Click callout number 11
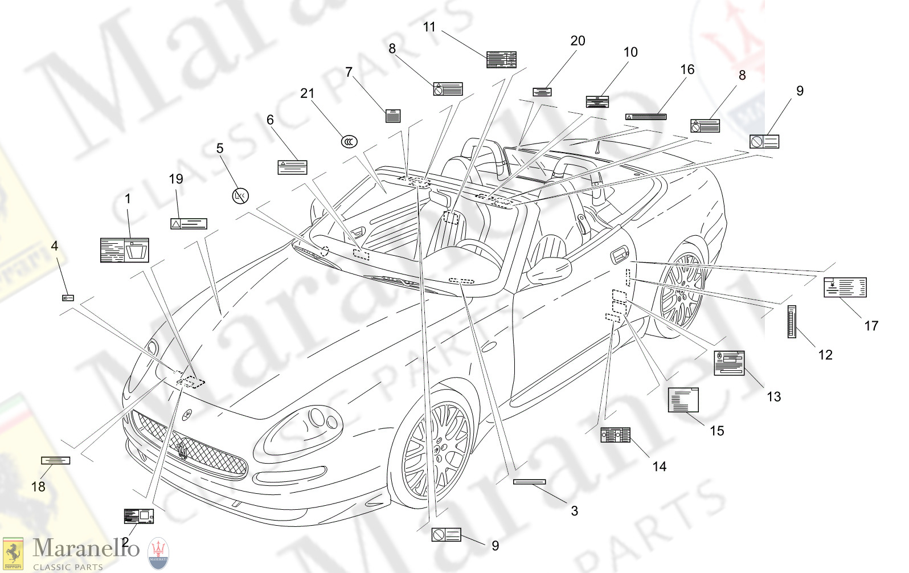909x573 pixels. (429, 27)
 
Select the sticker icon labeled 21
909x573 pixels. (349, 141)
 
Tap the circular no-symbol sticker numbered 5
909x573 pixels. (241, 197)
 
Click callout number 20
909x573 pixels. (578, 41)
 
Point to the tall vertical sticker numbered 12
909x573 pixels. (792, 322)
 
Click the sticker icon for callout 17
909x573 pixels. (845, 288)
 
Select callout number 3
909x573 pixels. (575, 511)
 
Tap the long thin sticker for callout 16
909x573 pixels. (646, 117)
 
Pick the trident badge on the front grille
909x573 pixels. (182, 449)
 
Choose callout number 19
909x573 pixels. (176, 179)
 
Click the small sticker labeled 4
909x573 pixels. (68, 298)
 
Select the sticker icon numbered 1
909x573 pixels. (125, 250)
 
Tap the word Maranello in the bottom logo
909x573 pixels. (86, 548)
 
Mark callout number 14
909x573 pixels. (659, 466)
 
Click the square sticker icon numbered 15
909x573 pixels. (683, 399)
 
